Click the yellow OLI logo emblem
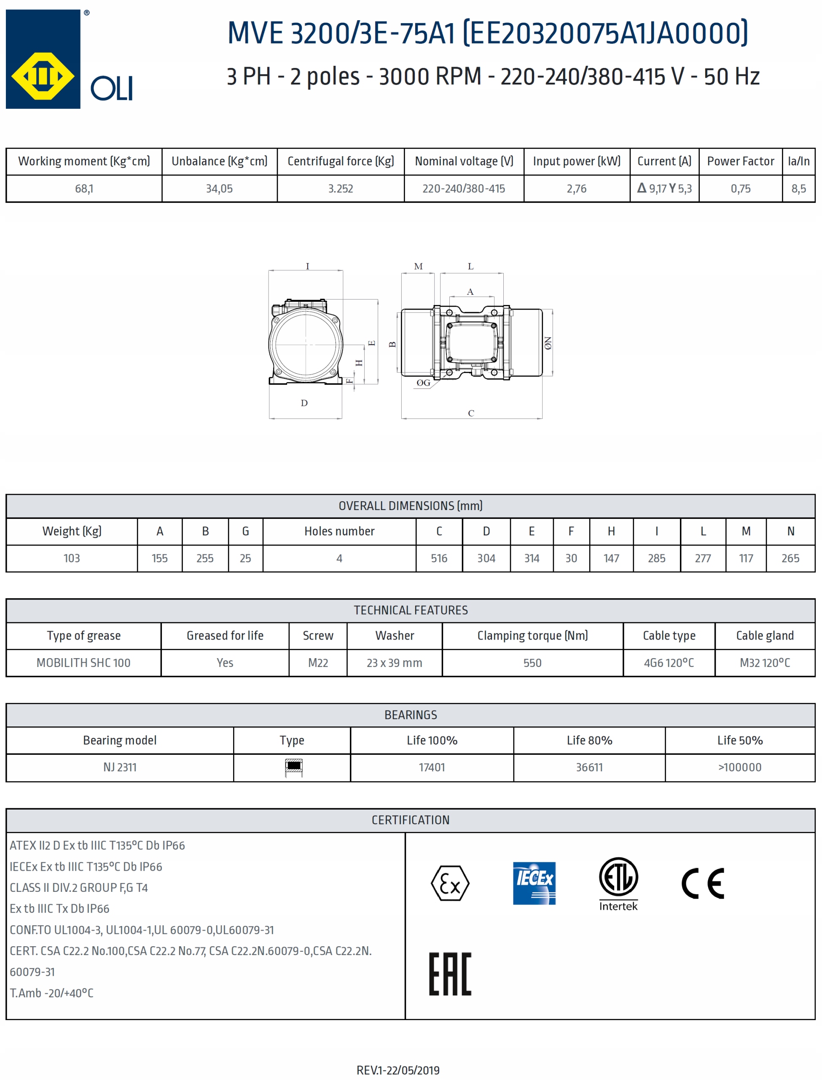(43, 76)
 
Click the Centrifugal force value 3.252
(340, 189)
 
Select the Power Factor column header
(740, 161)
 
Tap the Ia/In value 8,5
(798, 189)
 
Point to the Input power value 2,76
(576, 189)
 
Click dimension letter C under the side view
(471, 413)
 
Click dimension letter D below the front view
(304, 403)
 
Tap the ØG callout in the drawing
(423, 383)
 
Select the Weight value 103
(71, 558)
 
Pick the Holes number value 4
(339, 558)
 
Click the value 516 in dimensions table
(439, 558)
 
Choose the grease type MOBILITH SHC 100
(83, 663)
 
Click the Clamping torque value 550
(532, 663)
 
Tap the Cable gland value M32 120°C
(764, 663)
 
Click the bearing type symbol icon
(293, 767)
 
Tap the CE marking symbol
(703, 883)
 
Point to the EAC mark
(450, 974)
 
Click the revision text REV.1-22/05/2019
(398, 1070)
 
